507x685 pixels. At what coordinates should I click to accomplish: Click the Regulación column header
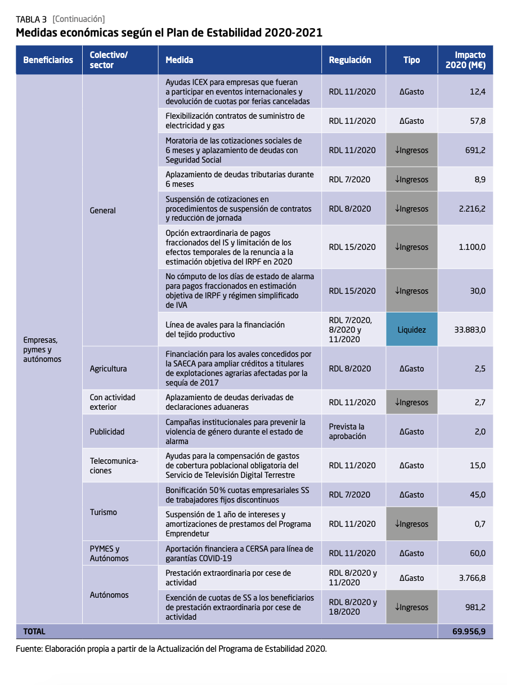tap(350, 60)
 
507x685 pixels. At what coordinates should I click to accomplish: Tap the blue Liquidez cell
tap(411, 330)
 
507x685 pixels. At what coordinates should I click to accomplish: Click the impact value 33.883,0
tap(469, 330)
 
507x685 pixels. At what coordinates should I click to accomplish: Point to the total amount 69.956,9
tap(468, 632)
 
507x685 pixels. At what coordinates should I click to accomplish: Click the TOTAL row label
tap(34, 632)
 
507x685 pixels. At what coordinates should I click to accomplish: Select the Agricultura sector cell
tap(108, 369)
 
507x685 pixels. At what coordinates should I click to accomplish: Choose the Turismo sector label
tap(104, 512)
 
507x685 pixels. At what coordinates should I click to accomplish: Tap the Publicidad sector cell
tap(107, 432)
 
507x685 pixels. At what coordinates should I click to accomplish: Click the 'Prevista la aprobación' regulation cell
tap(347, 432)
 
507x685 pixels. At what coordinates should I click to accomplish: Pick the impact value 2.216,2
tap(472, 209)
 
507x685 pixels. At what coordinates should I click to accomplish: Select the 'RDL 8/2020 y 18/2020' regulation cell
tap(353, 607)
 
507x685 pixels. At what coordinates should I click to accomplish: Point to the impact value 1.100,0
tap(472, 247)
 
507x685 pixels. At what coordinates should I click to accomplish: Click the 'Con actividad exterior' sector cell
tap(113, 402)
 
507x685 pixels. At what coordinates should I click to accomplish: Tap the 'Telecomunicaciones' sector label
tap(114, 465)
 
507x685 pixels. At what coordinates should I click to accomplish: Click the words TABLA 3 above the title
tap(31, 19)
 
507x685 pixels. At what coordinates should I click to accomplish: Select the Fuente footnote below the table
tap(171, 648)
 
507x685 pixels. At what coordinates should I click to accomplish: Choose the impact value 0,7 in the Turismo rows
tap(479, 524)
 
